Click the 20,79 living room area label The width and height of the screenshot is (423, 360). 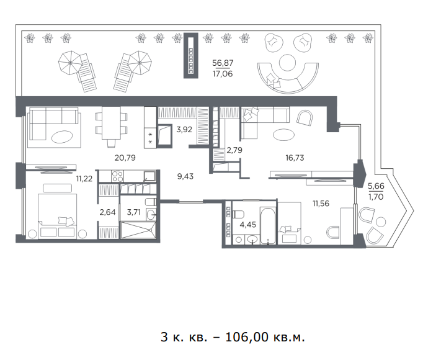(x=125, y=158)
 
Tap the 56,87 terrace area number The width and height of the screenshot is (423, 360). (x=223, y=63)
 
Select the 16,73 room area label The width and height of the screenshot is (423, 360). (x=295, y=158)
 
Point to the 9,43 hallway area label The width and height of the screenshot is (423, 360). (x=185, y=176)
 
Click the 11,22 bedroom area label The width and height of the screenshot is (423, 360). (x=84, y=179)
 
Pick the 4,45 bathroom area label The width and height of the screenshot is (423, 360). (x=248, y=225)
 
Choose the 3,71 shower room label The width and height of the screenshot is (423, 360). (x=134, y=212)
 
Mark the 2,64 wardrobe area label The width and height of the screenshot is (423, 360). (x=107, y=212)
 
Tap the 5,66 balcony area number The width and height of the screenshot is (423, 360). (x=376, y=186)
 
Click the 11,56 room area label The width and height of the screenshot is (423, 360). (x=321, y=204)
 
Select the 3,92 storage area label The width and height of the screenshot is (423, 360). (x=184, y=130)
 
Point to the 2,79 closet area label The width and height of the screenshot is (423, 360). (x=234, y=150)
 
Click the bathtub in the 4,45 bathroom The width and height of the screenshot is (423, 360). (x=268, y=225)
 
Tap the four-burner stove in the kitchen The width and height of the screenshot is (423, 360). (x=117, y=176)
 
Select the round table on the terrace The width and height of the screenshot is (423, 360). (x=287, y=63)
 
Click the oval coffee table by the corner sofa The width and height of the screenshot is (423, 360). (x=62, y=137)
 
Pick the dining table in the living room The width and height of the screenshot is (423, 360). (x=111, y=123)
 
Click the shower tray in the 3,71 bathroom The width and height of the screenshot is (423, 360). (x=138, y=230)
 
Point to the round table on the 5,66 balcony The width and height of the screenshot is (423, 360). (x=381, y=222)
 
